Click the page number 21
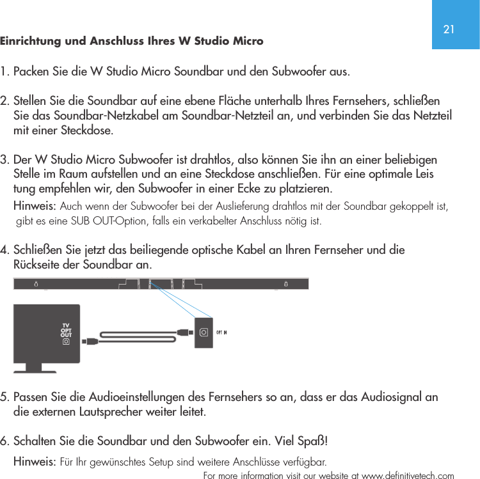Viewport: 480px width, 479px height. pyautogui.click(x=449, y=29)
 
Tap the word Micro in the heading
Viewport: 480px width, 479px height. pyautogui.click(x=243, y=41)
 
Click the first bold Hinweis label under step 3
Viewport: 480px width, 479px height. pyautogui.click(x=35, y=206)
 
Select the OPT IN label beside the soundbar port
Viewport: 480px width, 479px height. pyautogui.click(x=221, y=332)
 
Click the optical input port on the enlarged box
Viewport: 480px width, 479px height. pyautogui.click(x=204, y=332)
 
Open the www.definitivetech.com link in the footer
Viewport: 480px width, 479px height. pyautogui.click(x=408, y=475)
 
